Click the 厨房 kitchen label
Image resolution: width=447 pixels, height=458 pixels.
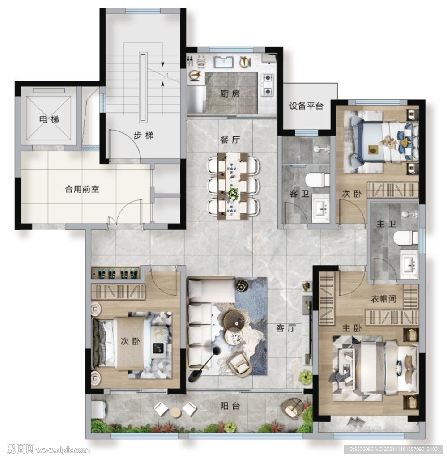pos(230,94)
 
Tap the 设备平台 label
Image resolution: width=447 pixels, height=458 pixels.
pos(306,106)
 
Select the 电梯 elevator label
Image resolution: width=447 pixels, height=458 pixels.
pos(49,119)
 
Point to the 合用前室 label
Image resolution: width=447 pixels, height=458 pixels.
pos(82,189)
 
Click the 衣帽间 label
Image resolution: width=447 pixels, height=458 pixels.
pos(383,298)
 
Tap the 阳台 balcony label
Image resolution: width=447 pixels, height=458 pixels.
pos(230,406)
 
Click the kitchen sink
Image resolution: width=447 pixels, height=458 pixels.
pos(224,62)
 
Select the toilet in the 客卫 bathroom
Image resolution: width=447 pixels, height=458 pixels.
pos(317,180)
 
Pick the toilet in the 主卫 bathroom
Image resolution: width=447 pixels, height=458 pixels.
pos(406,237)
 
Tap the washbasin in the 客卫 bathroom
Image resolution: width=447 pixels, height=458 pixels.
pos(321,208)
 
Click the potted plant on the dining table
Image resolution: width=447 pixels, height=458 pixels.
pos(233,193)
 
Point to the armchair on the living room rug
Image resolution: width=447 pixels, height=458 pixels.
pos(240,364)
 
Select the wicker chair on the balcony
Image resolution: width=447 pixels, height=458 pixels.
pos(293,408)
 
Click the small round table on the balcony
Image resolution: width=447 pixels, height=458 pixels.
pos(176,412)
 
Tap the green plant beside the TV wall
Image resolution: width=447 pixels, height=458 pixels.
pos(306,377)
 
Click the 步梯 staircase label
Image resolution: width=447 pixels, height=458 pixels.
pos(143,135)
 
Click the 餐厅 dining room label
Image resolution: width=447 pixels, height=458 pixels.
pos(230,140)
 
